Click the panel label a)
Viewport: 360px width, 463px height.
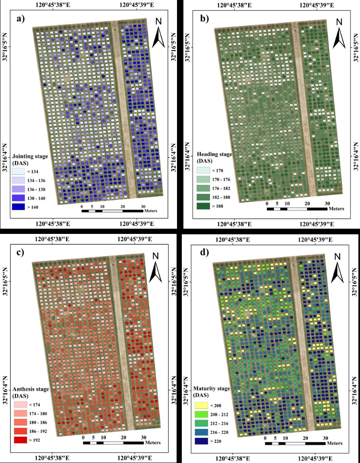(18, 19)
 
